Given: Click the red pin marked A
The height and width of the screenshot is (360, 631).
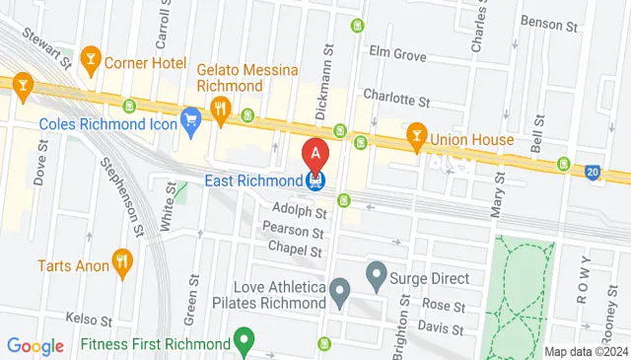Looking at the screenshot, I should [315, 154].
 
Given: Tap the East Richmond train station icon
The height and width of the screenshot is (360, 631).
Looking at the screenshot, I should [315, 180].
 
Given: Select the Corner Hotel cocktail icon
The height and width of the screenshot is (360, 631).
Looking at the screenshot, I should [92, 60].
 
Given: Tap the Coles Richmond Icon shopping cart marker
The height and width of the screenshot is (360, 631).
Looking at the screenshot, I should [191, 122].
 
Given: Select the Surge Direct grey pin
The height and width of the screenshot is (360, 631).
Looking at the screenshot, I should [376, 273].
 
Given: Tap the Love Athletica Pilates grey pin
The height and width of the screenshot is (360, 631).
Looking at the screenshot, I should [340, 291].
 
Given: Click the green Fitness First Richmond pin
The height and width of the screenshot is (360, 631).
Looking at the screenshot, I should [245, 344].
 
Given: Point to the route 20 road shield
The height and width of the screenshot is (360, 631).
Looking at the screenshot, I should [592, 171].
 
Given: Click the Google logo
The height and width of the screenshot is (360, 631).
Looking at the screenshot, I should [35, 345].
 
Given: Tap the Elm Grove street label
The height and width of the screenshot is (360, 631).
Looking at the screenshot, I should [396, 53].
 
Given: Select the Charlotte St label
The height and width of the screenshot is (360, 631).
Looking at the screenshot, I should [396, 100].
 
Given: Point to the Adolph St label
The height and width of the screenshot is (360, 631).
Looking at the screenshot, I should [301, 212].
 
